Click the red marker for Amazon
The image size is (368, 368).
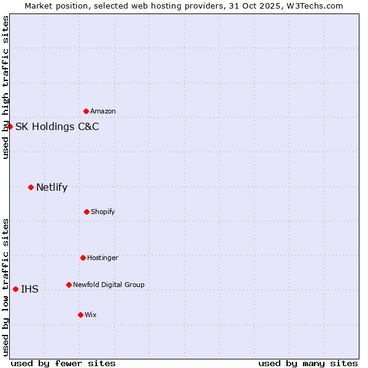click(86, 111)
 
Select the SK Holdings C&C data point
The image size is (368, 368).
click(10, 126)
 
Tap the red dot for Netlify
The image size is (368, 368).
click(31, 187)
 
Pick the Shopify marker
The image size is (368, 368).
click(86, 212)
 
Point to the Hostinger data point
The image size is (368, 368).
click(83, 258)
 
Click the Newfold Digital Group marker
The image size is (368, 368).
click(69, 285)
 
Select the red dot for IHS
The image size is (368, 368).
click(15, 289)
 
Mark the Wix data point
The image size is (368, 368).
click(80, 315)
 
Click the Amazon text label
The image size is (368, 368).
click(103, 111)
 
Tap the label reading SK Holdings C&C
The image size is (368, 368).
click(57, 127)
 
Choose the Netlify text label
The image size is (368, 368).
click(52, 188)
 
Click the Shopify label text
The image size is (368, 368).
click(103, 212)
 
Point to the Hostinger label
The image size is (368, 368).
click(102, 258)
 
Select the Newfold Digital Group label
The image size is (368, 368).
click(109, 285)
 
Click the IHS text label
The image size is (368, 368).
click(29, 289)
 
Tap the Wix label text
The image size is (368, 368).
click(91, 315)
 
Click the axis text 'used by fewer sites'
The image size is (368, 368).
click(63, 363)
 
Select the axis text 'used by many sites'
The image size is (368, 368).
click(308, 363)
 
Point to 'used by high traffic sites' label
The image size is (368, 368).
click(6, 87)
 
